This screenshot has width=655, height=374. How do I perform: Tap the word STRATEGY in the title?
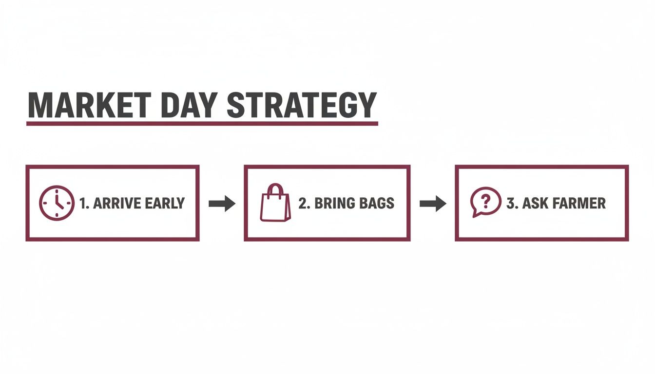[302, 105]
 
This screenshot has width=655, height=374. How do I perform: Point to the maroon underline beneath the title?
[202, 124]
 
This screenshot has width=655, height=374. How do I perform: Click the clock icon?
[57, 203]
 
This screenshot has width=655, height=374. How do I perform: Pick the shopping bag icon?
[275, 203]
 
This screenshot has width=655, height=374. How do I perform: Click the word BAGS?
[377, 204]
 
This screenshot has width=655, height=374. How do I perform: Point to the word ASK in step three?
[534, 204]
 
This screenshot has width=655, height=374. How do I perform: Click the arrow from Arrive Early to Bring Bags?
[222, 204]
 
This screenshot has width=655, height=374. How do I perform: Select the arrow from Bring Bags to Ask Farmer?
[433, 204]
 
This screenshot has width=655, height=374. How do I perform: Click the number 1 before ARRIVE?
[82, 204]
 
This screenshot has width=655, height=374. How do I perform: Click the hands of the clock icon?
[58, 202]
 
